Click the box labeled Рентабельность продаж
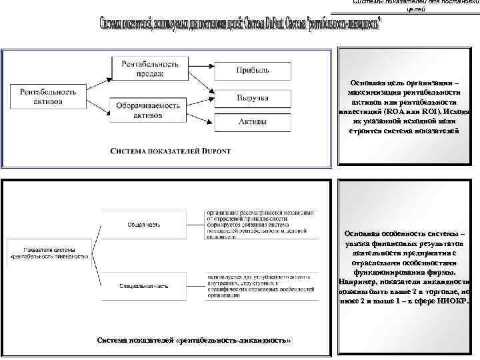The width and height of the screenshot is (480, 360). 150,69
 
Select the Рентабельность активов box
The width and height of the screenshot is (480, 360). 48,95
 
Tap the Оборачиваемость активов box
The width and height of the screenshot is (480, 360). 147,110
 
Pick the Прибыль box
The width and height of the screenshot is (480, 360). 252,70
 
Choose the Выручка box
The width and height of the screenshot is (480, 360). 252,98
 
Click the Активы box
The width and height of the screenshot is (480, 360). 252,123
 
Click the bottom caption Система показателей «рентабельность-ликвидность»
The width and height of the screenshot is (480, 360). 194,341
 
